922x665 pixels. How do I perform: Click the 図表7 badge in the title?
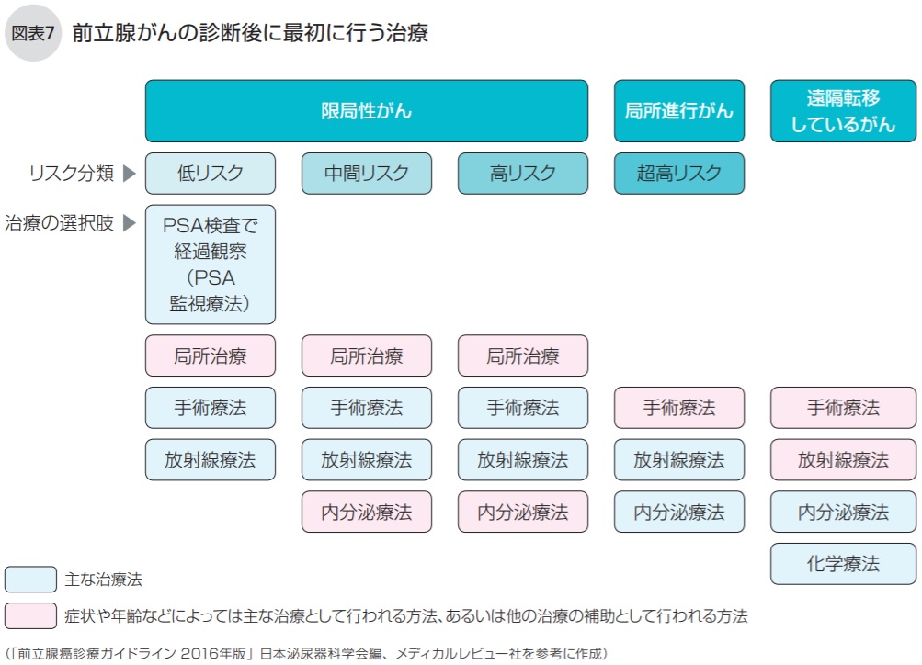pyautogui.click(x=32, y=34)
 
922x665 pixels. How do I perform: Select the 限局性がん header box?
pyautogui.click(x=366, y=111)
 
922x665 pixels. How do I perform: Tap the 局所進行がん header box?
pyautogui.click(x=678, y=111)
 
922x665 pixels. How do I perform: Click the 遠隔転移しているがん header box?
pyautogui.click(x=843, y=111)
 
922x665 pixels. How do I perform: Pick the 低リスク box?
pyautogui.click(x=211, y=174)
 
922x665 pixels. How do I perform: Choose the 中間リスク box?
pyautogui.click(x=366, y=174)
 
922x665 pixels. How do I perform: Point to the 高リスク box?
pyautogui.click(x=522, y=174)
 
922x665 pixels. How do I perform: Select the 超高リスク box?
pyautogui.click(x=678, y=174)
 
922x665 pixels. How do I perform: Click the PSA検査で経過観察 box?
pyautogui.click(x=211, y=265)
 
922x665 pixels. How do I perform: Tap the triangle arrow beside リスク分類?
pyautogui.click(x=130, y=173)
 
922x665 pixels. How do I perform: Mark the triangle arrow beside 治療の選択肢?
pyautogui.click(x=130, y=223)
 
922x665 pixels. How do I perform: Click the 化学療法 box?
pyautogui.click(x=843, y=564)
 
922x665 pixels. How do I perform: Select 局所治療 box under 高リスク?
pyautogui.click(x=522, y=355)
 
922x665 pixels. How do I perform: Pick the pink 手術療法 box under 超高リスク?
pyautogui.click(x=678, y=408)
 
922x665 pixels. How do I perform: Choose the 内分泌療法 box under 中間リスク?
pyautogui.click(x=366, y=512)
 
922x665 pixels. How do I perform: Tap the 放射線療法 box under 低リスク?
pyautogui.click(x=211, y=460)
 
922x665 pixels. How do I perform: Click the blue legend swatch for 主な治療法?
pyautogui.click(x=30, y=580)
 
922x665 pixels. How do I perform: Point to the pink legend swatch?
pyautogui.click(x=30, y=614)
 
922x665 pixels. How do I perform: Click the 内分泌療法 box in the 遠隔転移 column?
pyautogui.click(x=843, y=512)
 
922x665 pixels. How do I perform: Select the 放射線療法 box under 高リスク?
pyautogui.click(x=522, y=460)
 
